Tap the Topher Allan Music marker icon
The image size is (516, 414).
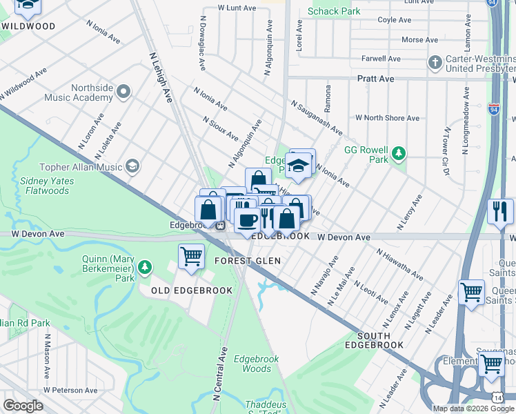tap(132, 166)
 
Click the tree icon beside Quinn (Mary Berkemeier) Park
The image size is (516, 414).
tap(145, 266)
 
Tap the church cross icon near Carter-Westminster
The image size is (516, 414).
tap(434, 63)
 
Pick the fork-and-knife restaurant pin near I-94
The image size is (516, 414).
tap(499, 210)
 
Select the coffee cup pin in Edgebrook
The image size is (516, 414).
tap(247, 219)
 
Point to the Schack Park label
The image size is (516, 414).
tap(334, 11)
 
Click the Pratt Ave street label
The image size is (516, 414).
tap(375, 79)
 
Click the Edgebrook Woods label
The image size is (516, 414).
tap(252, 364)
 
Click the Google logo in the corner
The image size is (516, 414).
tap(23, 405)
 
